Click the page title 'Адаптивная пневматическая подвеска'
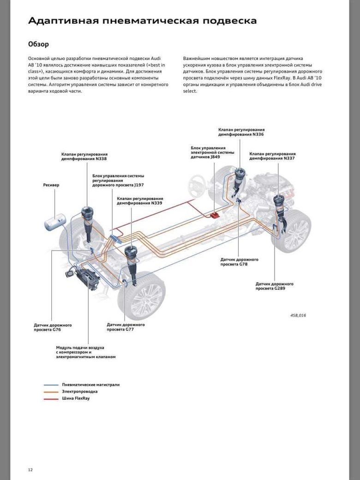[x=143, y=21]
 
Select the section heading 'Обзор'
[x=38, y=44]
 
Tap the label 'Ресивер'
[x=51, y=185]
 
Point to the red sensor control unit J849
[x=215, y=215]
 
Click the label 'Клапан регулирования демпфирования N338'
[x=84, y=156]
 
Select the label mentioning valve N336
[x=241, y=132]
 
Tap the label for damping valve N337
[x=272, y=156]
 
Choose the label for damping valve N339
[x=140, y=201]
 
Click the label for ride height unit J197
[x=118, y=180]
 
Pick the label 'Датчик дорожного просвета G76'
[x=53, y=328]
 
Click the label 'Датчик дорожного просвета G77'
[x=126, y=327]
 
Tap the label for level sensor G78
[x=240, y=262]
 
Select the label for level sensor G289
[x=275, y=286]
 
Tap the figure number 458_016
[x=298, y=315]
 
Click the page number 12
[x=30, y=469]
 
